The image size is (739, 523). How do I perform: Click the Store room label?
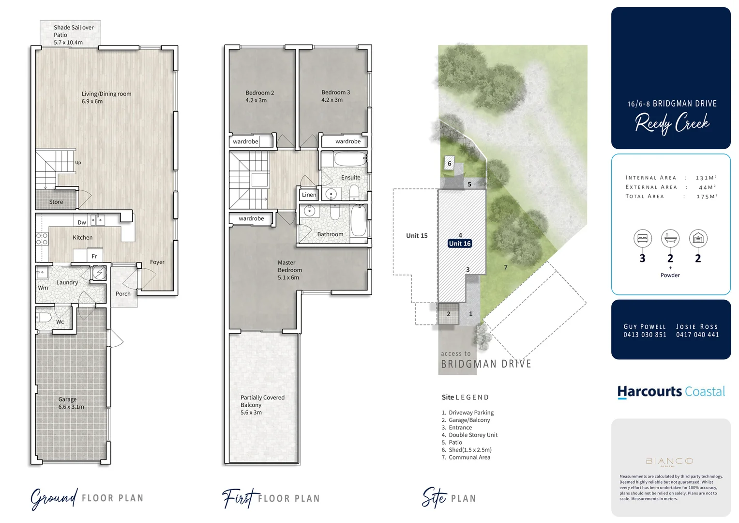point(56,202)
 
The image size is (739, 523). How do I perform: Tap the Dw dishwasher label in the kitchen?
point(82,223)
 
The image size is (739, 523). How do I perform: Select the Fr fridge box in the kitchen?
point(94,256)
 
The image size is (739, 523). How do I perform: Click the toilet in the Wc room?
point(45,318)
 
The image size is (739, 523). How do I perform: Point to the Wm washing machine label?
point(43,288)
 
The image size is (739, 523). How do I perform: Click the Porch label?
point(123,293)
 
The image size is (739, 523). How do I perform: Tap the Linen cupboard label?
point(309,195)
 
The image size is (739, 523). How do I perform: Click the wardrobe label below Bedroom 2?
point(245,141)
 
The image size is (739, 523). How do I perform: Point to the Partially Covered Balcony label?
point(262,405)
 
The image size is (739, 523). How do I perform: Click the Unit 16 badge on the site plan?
point(459,244)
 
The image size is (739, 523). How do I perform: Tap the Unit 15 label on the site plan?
point(417,236)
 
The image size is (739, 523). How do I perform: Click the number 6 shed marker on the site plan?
point(449,164)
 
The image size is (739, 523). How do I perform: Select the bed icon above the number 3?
point(642,238)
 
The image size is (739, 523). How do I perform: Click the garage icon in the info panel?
point(698,238)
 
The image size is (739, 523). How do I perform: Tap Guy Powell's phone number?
point(645,335)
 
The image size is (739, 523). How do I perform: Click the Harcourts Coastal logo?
point(671,391)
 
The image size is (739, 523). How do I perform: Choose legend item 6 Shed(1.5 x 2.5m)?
point(467,450)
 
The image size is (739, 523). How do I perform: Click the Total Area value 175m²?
point(707,197)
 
